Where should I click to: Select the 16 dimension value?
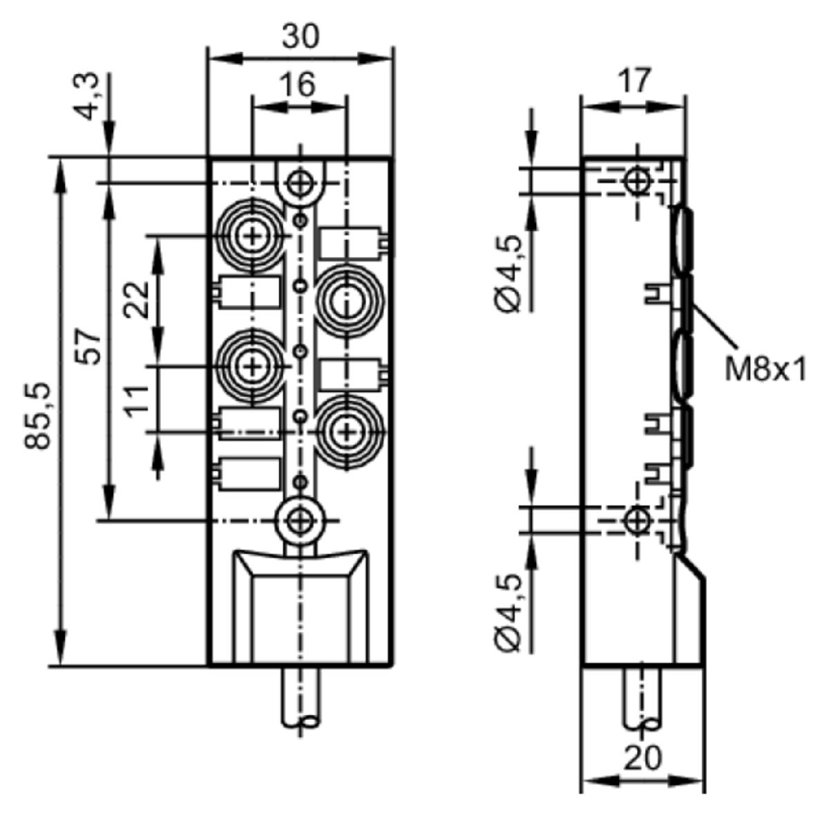pyautogui.click(x=298, y=84)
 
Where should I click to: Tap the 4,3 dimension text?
pyautogui.click(x=89, y=97)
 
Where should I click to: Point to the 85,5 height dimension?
pyautogui.click(x=37, y=416)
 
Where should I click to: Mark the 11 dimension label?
pyautogui.click(x=137, y=401)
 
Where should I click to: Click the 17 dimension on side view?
pyautogui.click(x=633, y=80)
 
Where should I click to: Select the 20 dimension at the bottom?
pyautogui.click(x=641, y=757)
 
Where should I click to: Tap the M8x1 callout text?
pyautogui.click(x=765, y=370)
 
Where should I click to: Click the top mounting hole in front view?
pyautogui.click(x=300, y=184)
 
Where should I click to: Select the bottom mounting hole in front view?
pyautogui.click(x=299, y=521)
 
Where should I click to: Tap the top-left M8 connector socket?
pyautogui.click(x=253, y=236)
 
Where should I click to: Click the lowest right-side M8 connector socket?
pyautogui.click(x=347, y=432)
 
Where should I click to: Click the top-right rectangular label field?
pyautogui.click(x=351, y=243)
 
